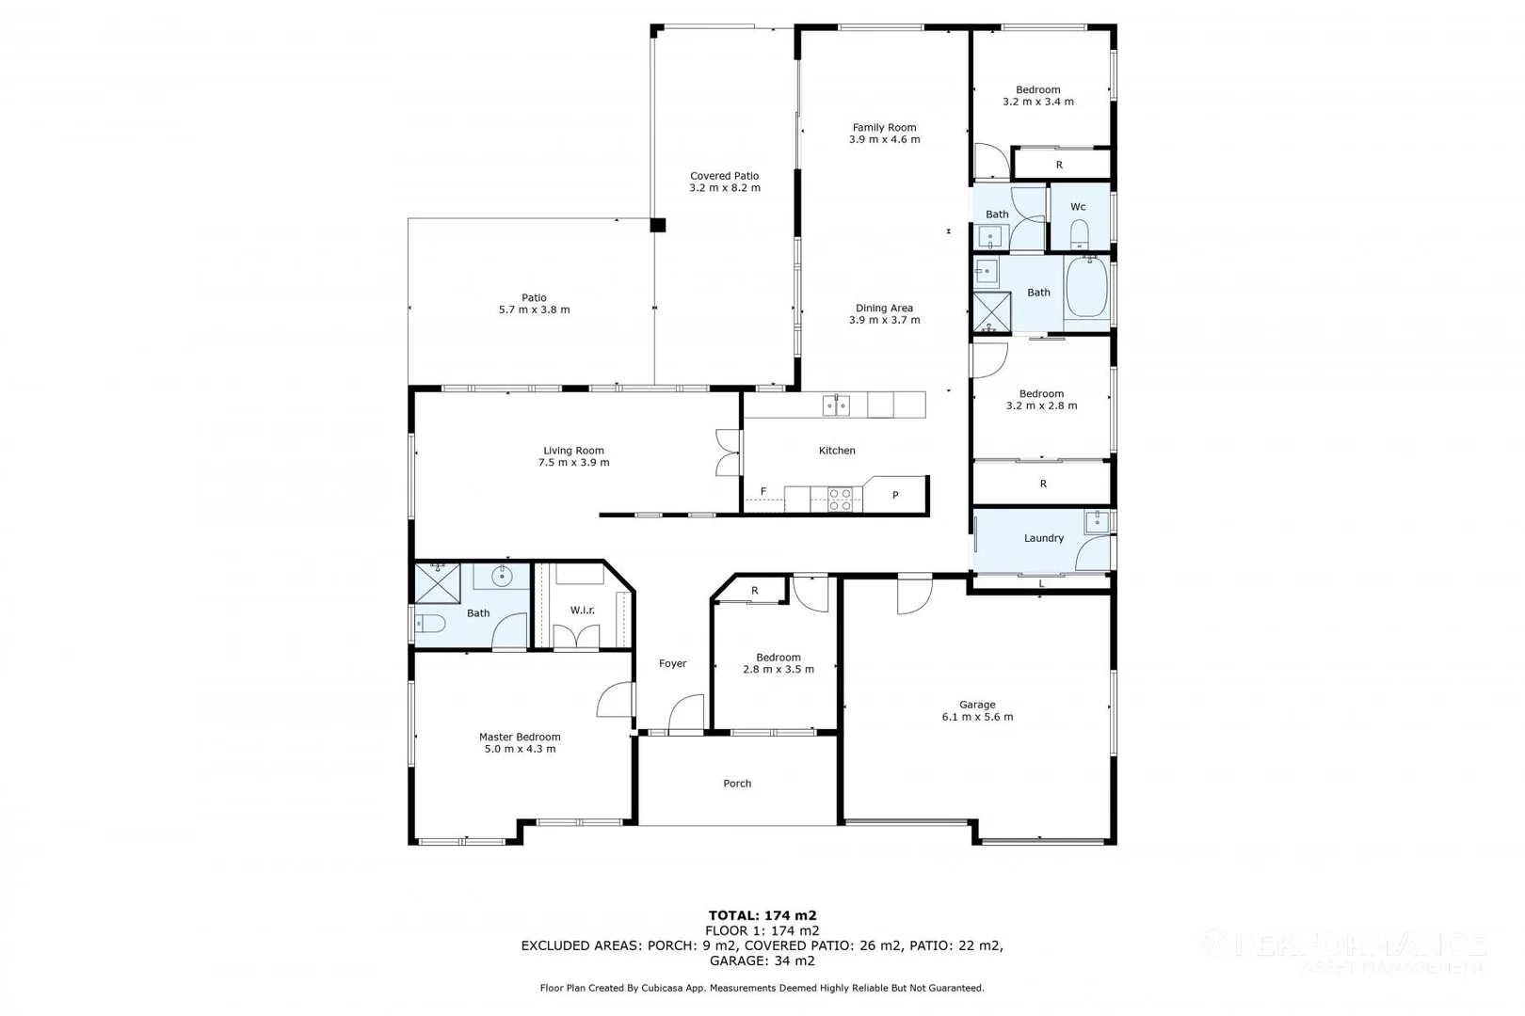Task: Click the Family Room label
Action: point(884,128)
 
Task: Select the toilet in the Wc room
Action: point(1079,232)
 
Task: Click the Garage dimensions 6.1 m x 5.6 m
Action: point(977,717)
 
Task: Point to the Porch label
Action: point(737,784)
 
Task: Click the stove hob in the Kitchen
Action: point(840,499)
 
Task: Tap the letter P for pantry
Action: point(895,495)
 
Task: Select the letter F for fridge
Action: point(763,492)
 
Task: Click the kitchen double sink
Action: point(836,405)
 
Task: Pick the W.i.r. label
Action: point(583,611)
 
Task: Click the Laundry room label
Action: point(1043,538)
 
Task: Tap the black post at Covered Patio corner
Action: point(658,225)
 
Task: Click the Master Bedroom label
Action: point(520,738)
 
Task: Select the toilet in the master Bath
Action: point(430,624)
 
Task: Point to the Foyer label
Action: point(672,664)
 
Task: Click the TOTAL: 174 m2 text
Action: point(762,915)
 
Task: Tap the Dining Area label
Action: point(884,309)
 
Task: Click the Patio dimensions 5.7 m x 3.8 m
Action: point(534,310)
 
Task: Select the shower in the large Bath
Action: point(991,311)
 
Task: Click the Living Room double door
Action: point(727,452)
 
